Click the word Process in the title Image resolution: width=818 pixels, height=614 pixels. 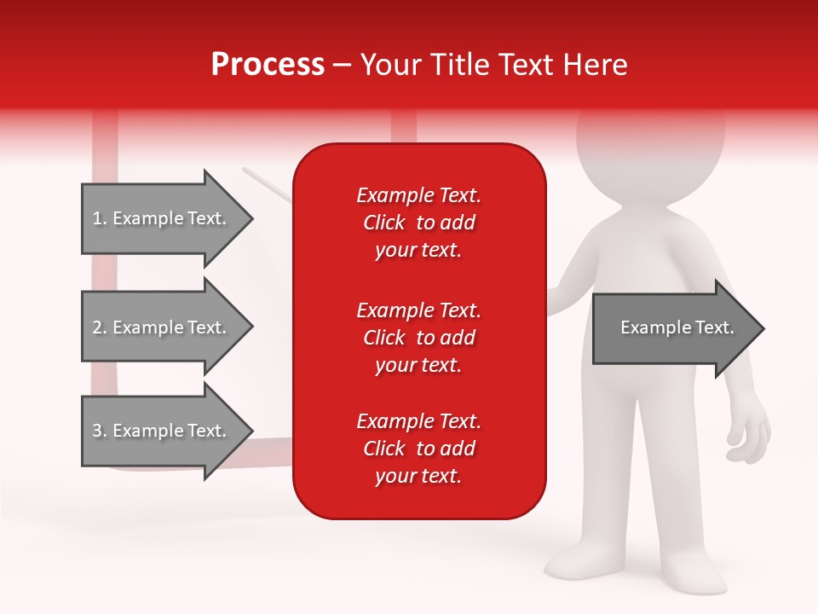coord(268,65)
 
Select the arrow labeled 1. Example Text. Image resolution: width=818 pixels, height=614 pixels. coord(162,218)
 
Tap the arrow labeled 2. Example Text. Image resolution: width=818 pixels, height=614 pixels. coord(162,327)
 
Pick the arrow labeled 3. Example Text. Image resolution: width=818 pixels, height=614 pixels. coord(162,431)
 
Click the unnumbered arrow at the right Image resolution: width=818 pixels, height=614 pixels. coord(673,328)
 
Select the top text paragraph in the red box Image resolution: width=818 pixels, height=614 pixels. coord(418,223)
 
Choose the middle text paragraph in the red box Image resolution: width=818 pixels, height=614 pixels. coord(418,338)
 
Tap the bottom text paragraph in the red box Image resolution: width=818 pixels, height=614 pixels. coord(418,449)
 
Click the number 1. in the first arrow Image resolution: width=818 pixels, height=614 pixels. coord(100,218)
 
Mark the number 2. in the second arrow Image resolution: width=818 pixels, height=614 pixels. coord(100,327)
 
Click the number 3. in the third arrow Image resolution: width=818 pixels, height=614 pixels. coord(100,431)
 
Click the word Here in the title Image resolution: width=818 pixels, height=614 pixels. coord(596,65)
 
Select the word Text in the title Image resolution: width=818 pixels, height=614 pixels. coord(526,65)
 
